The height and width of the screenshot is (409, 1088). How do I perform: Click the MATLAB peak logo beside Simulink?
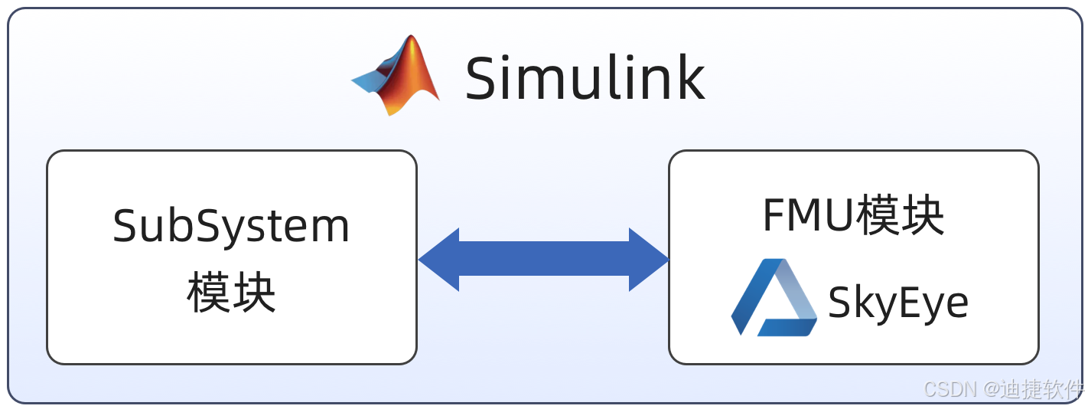click(398, 76)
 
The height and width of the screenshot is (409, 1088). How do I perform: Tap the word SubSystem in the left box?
click(231, 227)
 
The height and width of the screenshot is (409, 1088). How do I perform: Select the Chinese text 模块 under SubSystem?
click(231, 293)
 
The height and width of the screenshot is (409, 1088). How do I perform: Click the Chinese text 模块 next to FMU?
click(900, 216)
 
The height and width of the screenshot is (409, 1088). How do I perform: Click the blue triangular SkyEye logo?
click(774, 298)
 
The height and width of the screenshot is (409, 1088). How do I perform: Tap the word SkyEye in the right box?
click(898, 303)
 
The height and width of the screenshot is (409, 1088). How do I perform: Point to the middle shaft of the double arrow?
click(543, 260)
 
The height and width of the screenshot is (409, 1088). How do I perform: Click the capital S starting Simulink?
click(484, 78)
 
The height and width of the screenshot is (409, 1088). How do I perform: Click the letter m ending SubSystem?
click(330, 228)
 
